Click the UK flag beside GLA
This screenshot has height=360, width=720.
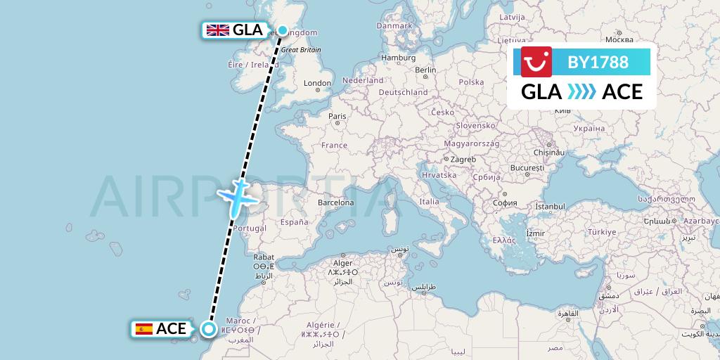[218, 30]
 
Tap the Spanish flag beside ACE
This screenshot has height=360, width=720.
[143, 328]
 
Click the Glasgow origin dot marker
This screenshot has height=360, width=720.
[283, 30]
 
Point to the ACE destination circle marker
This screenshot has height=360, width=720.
[209, 328]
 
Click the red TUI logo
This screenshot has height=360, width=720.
[536, 62]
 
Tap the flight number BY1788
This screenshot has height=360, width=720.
[598, 62]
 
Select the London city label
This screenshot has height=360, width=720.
[317, 83]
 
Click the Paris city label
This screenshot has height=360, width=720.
[338, 116]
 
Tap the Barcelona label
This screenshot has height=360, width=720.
[335, 202]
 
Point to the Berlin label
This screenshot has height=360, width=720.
[425, 70]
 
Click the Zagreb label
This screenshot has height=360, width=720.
[463, 159]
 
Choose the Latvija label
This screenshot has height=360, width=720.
[513, 16]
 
